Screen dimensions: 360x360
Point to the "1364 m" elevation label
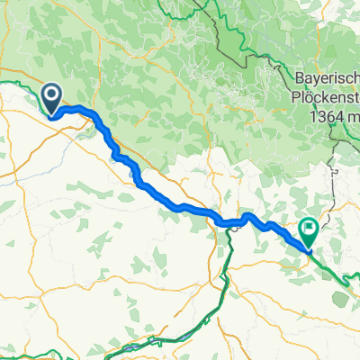pyautogui.click(x=333, y=117)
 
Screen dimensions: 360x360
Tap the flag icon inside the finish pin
pyautogui.click(x=310, y=229)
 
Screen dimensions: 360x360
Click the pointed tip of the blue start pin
pyautogui.click(x=51, y=113)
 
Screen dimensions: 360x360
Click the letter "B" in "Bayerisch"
pyautogui.click(x=300, y=79)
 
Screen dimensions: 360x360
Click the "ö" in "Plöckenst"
pyautogui.click(x=309, y=98)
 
